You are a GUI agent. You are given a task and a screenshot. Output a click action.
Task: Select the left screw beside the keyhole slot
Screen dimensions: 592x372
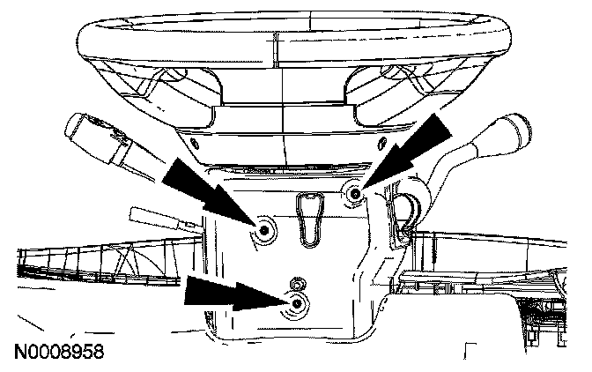pyautogui.click(x=264, y=231)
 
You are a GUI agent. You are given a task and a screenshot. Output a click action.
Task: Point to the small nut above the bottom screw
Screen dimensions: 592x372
pyautogui.click(x=297, y=284)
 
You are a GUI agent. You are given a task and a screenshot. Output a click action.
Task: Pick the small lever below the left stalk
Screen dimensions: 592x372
pyautogui.click(x=159, y=218)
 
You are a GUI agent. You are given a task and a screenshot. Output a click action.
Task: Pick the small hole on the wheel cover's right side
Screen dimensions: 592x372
pyautogui.click(x=381, y=139)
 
